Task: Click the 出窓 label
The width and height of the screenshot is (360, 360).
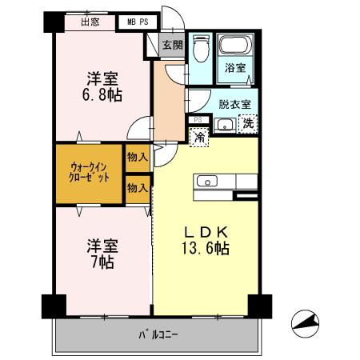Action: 90,22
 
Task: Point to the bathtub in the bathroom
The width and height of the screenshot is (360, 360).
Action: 237,46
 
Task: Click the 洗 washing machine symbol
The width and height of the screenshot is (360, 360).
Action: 249,123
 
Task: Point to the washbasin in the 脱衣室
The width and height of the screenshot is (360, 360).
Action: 222,124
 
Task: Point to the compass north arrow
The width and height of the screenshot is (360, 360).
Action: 306,321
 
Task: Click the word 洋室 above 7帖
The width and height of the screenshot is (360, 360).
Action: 101,245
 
